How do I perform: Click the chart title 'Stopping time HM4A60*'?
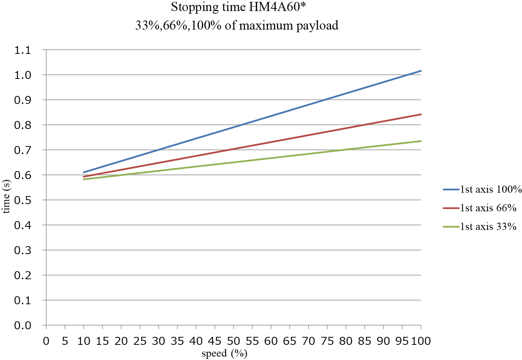click(x=238, y=7)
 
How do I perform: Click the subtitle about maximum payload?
click(x=237, y=25)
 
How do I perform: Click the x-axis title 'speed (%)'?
click(x=224, y=354)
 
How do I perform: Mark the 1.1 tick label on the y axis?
click(x=23, y=50)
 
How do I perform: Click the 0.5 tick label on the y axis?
click(x=23, y=200)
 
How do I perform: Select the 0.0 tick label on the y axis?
click(x=23, y=325)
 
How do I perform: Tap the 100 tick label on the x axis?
click(x=421, y=341)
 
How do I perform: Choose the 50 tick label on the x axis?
click(x=233, y=341)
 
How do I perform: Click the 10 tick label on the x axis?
click(x=84, y=341)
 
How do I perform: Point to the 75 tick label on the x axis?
click(x=327, y=341)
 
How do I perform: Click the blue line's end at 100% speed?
click(x=421, y=71)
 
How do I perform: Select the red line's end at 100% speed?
click(x=421, y=114)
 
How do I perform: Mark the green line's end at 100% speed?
click(x=421, y=141)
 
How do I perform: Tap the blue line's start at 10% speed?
click(x=84, y=172)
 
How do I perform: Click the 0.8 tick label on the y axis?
click(x=23, y=125)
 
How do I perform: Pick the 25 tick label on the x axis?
click(x=140, y=341)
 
